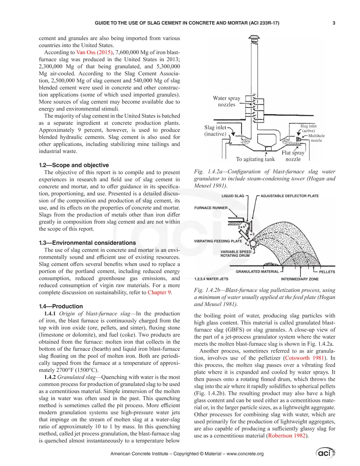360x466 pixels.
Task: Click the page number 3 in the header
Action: coord(334,23)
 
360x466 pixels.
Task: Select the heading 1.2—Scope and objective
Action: coord(74,165)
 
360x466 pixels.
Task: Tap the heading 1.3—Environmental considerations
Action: coord(87,242)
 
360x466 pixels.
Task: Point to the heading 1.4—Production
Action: coord(61,306)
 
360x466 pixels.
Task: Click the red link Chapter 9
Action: coord(159,293)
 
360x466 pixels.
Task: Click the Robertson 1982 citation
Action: coord(287,436)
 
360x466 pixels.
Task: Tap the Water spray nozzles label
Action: coord(227,101)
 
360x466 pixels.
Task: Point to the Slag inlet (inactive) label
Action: coord(215,131)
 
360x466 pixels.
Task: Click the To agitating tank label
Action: coord(255,159)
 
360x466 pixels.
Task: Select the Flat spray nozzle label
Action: coord(293,156)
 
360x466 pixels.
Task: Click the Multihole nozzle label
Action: coord(316,138)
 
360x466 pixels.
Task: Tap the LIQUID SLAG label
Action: coord(233,196)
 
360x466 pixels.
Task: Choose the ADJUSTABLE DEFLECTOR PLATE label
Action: coord(289,196)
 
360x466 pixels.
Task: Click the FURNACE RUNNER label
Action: coord(211,208)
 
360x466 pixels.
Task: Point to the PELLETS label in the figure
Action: coord(327,271)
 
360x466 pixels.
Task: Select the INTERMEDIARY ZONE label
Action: coord(300,279)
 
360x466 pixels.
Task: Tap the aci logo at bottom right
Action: coord(325,453)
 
